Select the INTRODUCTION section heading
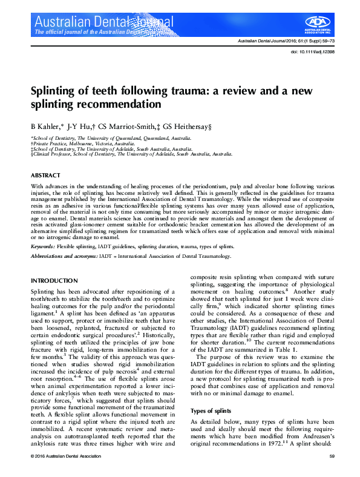(52, 281)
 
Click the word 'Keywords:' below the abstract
(44, 246)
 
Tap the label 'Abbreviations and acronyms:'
(63, 257)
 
